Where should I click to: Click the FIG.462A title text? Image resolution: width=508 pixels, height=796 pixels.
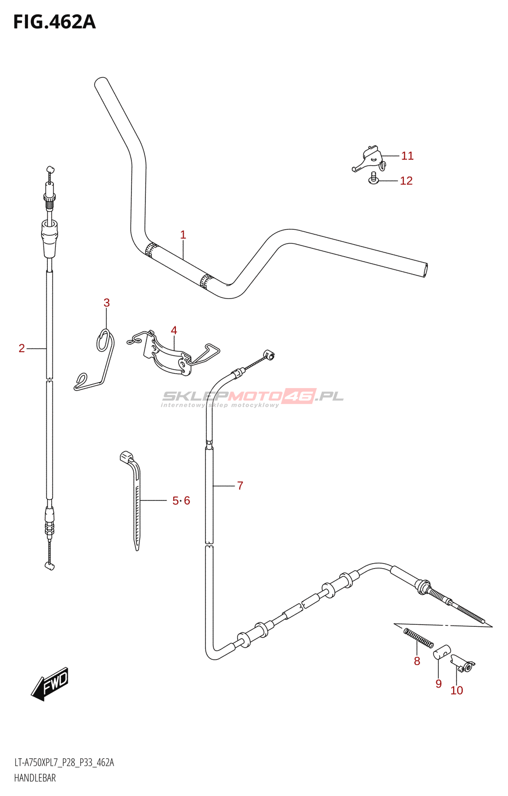click(54, 22)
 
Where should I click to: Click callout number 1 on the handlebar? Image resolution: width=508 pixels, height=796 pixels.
click(183, 235)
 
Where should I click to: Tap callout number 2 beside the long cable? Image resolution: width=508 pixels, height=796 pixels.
click(22, 348)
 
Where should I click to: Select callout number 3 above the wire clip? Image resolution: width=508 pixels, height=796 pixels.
click(107, 302)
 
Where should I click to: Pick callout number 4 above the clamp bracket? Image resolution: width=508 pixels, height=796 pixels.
click(174, 330)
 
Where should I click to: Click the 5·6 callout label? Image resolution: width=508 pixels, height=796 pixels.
click(181, 500)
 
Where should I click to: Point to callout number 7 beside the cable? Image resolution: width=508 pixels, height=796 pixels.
click(240, 486)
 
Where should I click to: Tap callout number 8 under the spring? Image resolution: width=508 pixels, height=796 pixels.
click(417, 661)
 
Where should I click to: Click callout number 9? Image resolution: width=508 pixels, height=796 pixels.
click(438, 684)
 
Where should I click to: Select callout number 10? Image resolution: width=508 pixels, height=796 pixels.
click(456, 691)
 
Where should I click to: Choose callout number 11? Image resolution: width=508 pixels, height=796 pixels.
click(407, 156)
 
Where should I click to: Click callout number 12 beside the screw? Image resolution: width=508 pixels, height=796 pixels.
click(406, 181)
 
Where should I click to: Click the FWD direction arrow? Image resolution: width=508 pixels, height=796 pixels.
click(50, 684)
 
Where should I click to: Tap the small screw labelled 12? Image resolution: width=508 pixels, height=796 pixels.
click(374, 178)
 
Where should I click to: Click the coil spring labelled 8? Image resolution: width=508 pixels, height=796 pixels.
click(418, 638)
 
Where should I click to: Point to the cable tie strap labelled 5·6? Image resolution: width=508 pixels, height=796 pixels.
click(135, 497)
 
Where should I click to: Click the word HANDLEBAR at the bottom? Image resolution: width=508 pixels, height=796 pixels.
click(35, 778)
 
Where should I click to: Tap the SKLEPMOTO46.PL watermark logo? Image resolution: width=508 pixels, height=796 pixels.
click(253, 397)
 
